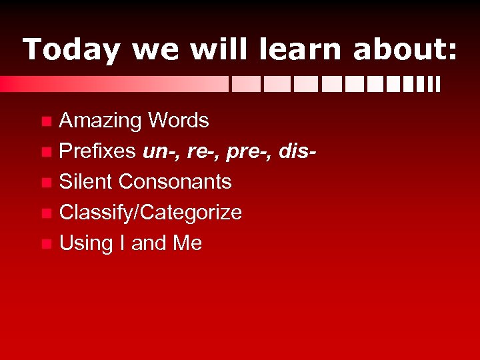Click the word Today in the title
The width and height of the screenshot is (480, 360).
coord(71,50)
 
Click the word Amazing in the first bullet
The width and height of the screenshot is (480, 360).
coord(101,121)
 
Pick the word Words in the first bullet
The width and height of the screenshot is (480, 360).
coord(178,121)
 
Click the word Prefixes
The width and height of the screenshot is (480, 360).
coord(98,151)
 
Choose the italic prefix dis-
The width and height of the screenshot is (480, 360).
coord(294,151)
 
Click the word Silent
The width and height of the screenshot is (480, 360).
coord(86,181)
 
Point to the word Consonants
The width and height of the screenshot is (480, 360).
coord(175,181)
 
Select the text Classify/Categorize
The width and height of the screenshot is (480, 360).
coord(151,213)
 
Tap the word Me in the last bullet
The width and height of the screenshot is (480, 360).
coord(187,243)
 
